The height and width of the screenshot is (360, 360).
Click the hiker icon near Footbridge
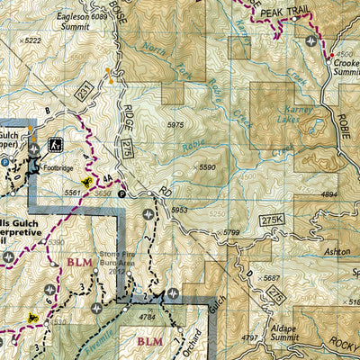point(55,143)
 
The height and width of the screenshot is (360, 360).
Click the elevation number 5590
point(207,167)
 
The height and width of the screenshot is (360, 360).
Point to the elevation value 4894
point(331,193)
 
